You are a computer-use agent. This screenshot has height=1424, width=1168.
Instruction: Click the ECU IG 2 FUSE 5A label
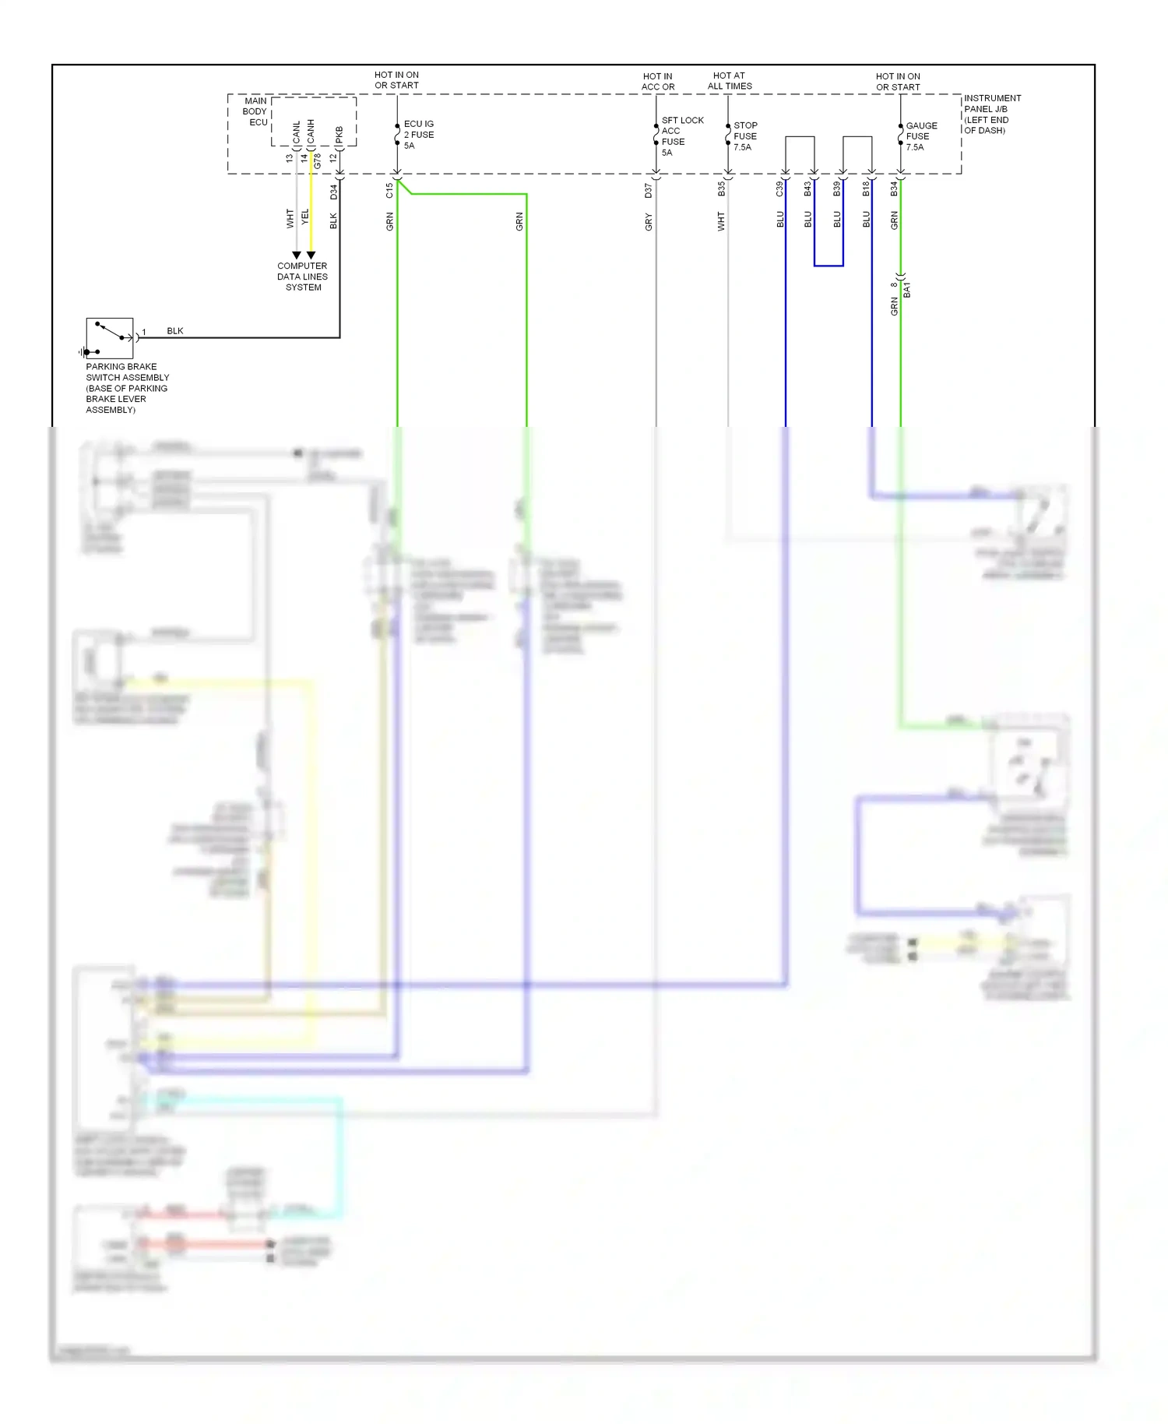(x=418, y=135)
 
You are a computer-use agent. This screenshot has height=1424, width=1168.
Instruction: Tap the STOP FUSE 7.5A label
(x=744, y=136)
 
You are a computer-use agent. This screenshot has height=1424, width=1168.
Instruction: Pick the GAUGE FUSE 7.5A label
(x=920, y=136)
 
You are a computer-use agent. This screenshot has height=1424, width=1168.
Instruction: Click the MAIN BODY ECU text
(x=256, y=111)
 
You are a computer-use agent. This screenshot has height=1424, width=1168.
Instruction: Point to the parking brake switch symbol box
(x=110, y=338)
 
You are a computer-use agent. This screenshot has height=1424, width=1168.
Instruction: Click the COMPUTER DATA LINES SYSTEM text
(x=302, y=277)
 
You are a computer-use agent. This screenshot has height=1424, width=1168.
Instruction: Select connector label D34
(x=334, y=191)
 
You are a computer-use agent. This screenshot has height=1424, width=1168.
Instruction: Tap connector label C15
(x=389, y=191)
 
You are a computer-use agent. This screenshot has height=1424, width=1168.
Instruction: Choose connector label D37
(x=649, y=191)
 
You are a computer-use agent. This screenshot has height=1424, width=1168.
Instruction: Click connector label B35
(x=721, y=189)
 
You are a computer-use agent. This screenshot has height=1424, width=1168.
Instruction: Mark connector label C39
(x=779, y=189)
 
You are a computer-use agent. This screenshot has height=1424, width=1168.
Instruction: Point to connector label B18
(x=865, y=189)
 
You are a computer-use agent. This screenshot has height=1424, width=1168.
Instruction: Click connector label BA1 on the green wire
(x=907, y=290)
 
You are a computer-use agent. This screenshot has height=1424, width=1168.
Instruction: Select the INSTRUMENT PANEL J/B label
(x=991, y=114)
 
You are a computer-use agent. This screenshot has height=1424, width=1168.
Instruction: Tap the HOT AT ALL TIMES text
(x=730, y=81)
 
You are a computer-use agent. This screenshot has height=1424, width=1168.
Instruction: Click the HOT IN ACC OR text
(x=658, y=82)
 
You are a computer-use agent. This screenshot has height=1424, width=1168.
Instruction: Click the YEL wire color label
(x=304, y=217)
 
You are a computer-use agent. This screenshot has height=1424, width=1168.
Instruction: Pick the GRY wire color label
(x=649, y=223)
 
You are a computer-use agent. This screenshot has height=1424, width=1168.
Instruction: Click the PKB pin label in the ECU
(x=339, y=135)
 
